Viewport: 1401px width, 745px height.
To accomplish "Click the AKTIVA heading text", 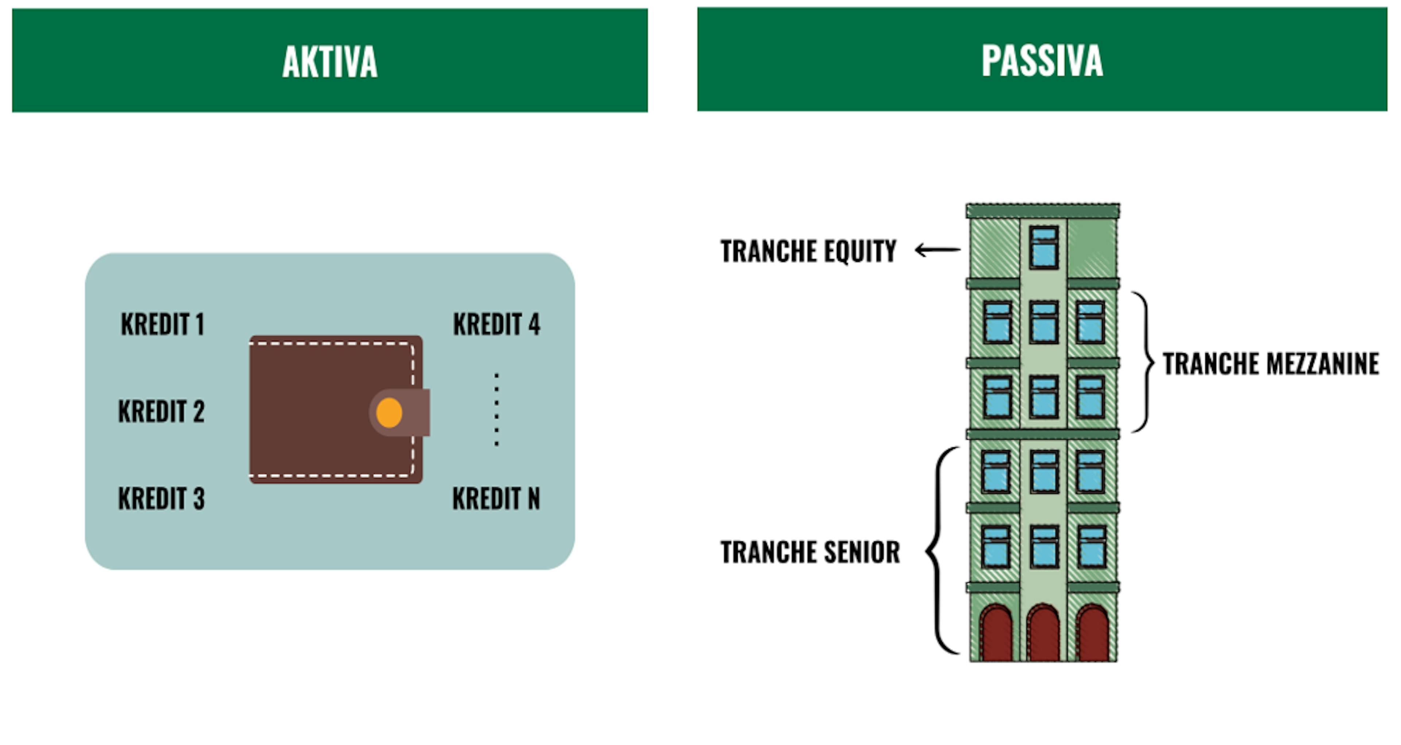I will (329, 61).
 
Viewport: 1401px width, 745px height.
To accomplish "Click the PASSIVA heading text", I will (1042, 60).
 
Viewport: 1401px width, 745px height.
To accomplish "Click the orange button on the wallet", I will (389, 413).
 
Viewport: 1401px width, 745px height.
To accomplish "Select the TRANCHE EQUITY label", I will (808, 251).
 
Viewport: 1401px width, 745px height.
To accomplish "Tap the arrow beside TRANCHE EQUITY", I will (938, 250).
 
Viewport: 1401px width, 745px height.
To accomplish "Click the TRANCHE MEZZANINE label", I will (1270, 364).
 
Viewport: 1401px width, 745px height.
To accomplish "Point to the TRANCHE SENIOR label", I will (810, 552).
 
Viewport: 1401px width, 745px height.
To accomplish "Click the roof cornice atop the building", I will (1043, 211).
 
